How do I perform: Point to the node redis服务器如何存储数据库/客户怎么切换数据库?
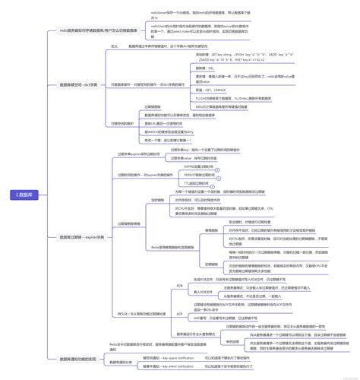click(x=99, y=31)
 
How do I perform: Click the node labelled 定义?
click(x=115, y=46)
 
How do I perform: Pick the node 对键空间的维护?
click(x=125, y=122)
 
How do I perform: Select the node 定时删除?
click(x=158, y=200)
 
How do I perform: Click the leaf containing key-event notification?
click(x=181, y=366)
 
